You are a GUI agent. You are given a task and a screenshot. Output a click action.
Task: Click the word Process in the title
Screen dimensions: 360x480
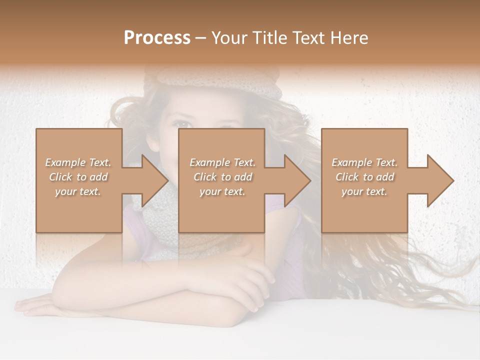(x=157, y=38)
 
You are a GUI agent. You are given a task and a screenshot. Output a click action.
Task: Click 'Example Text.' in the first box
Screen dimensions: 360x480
(x=78, y=162)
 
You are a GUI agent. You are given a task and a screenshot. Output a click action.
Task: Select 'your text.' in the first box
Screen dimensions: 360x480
(x=78, y=191)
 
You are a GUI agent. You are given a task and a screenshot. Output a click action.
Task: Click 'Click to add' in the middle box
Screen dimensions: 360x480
(x=222, y=177)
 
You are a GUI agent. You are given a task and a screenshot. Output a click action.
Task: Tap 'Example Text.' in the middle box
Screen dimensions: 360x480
(x=222, y=162)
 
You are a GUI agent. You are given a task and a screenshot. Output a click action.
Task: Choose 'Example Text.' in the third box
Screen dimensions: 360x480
(x=364, y=162)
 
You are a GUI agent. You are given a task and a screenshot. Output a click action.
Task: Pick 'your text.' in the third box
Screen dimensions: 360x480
(x=364, y=191)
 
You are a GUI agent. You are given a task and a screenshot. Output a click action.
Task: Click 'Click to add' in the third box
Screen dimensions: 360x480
(x=364, y=177)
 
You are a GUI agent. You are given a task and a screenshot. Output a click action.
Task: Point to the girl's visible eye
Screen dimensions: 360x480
(x=183, y=123)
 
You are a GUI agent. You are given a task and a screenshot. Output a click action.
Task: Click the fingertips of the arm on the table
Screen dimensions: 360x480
(x=25, y=305)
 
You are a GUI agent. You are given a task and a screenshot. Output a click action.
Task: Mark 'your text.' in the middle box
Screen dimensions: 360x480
(x=222, y=191)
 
